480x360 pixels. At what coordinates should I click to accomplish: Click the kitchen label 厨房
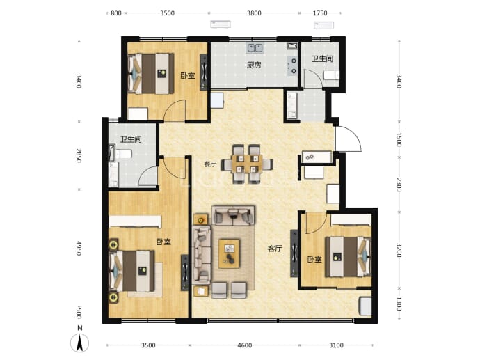point(254,65)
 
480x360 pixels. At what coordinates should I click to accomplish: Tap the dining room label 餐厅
point(210,164)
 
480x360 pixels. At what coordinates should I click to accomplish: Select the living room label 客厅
point(275,249)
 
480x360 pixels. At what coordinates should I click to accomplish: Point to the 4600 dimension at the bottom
point(245,345)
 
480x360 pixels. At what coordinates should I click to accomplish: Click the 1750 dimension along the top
point(320,13)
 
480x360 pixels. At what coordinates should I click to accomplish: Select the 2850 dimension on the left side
point(79,156)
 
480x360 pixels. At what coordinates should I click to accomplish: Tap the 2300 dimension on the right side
point(399,185)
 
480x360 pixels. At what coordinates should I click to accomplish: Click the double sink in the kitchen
point(255,48)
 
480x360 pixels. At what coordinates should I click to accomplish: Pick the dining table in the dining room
point(247,164)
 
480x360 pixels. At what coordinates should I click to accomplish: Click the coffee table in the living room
point(229,254)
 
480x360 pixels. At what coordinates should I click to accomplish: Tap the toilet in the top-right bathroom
point(332,75)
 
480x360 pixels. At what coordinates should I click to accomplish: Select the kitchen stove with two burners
point(293,66)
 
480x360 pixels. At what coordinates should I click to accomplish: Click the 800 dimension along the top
point(115,13)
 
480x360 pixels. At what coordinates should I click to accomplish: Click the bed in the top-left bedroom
point(151,74)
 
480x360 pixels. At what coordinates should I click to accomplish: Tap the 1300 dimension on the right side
point(399,304)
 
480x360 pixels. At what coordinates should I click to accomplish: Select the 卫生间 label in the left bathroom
point(131,140)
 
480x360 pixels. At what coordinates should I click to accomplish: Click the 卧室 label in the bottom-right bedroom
point(314,260)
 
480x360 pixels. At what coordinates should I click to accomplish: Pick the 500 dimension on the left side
point(79,313)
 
